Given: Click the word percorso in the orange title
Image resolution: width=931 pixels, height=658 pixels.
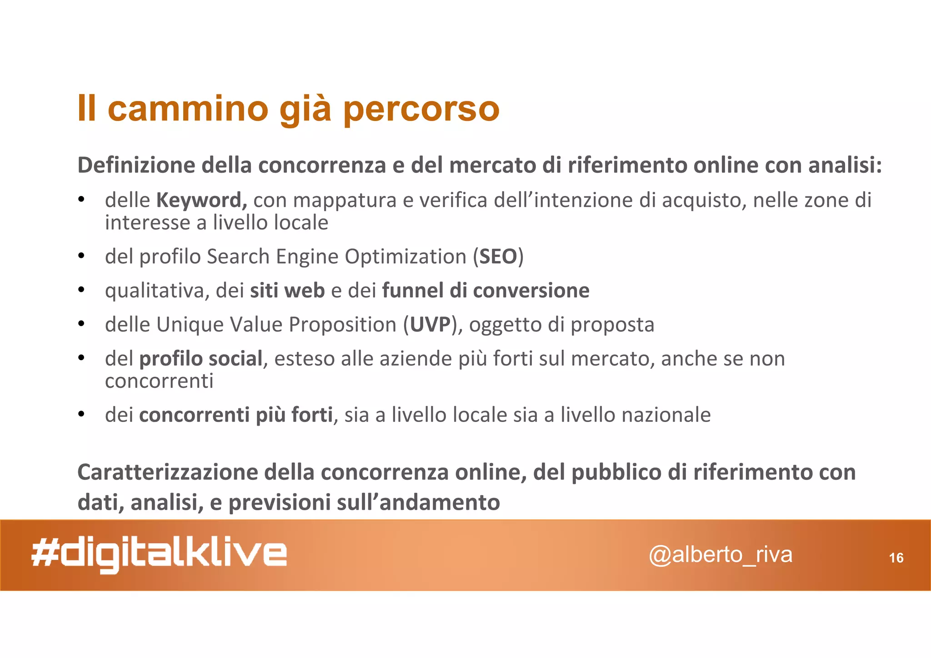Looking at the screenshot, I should (x=421, y=109).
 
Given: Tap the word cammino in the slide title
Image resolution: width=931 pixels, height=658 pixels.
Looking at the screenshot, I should (x=188, y=109).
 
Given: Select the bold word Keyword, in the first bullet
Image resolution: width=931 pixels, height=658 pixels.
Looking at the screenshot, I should (x=201, y=201).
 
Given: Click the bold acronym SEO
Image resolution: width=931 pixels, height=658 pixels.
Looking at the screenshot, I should (x=498, y=257).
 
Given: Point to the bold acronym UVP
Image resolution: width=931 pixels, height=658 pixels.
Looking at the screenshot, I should (x=430, y=325).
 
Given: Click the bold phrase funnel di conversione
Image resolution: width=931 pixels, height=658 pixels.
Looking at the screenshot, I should (x=486, y=291).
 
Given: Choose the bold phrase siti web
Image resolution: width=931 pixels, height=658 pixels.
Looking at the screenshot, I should (x=287, y=291).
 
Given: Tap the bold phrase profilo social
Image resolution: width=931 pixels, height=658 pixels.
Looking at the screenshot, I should (x=200, y=359).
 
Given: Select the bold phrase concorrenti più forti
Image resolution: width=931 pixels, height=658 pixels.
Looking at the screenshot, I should (x=235, y=415).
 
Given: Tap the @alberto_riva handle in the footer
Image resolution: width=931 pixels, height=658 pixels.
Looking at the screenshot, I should (x=721, y=555).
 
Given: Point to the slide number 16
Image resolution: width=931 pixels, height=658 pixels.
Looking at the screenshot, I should (x=896, y=558).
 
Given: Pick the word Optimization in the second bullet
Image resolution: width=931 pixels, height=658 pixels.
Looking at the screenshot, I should (x=405, y=257).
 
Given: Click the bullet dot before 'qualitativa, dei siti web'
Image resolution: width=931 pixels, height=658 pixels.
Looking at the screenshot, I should (x=81, y=290).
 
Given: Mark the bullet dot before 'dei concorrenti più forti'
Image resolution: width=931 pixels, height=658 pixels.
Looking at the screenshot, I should (x=81, y=414).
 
